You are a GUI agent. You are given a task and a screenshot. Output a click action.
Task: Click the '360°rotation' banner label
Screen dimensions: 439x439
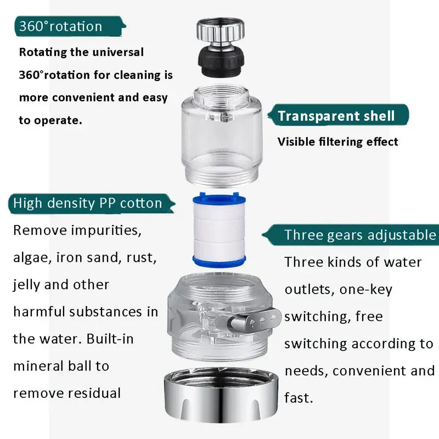tap(61, 26)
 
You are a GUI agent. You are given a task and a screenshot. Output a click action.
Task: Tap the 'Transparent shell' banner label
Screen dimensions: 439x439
tap(336, 116)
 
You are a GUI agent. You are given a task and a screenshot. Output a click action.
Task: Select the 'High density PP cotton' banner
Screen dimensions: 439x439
tap(88, 203)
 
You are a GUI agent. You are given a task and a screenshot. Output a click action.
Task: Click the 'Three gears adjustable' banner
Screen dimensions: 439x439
tap(359, 235)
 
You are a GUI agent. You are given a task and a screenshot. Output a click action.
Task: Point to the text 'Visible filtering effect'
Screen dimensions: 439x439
tap(337, 142)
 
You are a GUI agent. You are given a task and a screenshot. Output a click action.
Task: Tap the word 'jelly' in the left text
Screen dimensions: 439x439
tap(28, 285)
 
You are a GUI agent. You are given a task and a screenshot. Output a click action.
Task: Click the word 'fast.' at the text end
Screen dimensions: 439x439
tap(299, 397)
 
